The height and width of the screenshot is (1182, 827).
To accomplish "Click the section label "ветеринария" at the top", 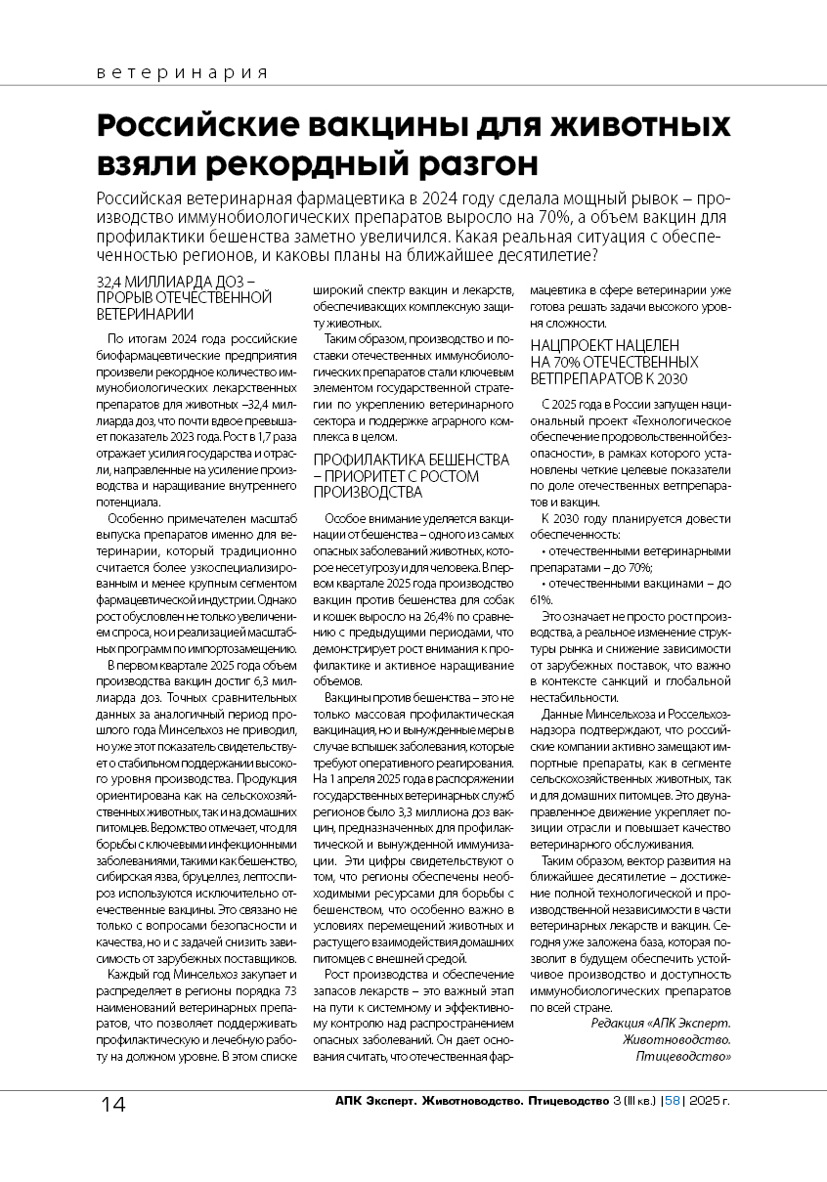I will (182, 73).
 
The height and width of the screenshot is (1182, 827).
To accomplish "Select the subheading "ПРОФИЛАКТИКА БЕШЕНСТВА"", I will (411, 460).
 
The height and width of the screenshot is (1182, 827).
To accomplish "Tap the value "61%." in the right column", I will (542, 600).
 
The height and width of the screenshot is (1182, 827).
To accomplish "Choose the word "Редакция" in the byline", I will (620, 1023).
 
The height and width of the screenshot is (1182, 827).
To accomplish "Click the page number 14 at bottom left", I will (112, 1105).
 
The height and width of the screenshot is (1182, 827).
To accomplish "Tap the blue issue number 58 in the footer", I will (672, 1101).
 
